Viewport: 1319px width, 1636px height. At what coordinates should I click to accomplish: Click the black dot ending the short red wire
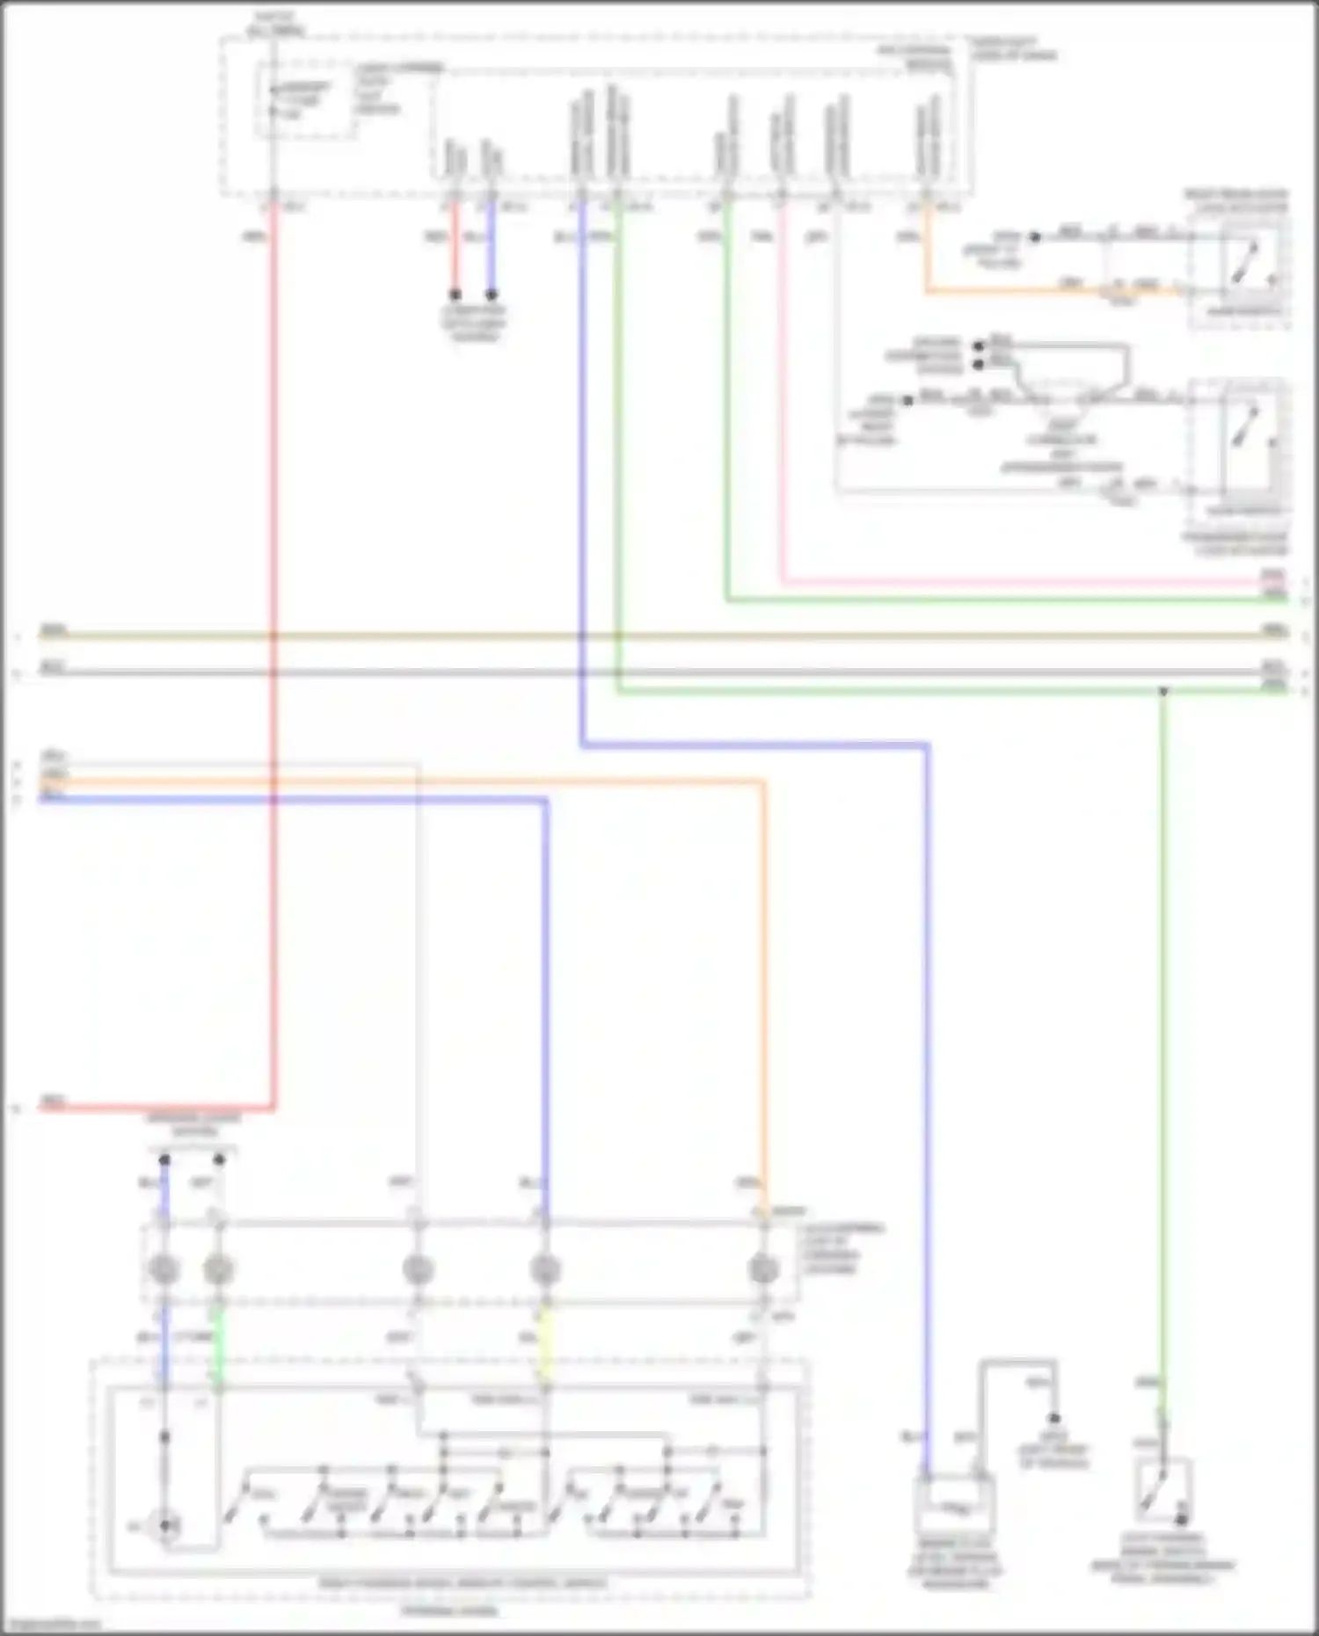[x=455, y=294]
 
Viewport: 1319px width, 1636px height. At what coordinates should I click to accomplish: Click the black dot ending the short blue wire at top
[x=492, y=294]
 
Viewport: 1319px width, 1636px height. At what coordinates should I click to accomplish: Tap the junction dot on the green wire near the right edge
[x=1162, y=692]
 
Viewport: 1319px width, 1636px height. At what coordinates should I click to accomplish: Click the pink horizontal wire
[x=1011, y=582]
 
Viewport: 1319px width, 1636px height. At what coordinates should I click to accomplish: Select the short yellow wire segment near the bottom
[x=545, y=1345]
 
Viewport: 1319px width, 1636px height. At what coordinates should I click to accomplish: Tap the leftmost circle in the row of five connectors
[x=164, y=1269]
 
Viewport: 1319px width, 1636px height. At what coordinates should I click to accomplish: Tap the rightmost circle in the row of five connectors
[x=762, y=1269]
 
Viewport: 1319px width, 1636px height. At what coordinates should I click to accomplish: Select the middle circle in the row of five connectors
[x=418, y=1269]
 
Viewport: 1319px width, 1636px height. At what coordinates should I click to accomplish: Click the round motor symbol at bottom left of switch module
[x=164, y=1527]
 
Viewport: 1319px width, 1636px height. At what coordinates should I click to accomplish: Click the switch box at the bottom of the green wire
[x=1163, y=1492]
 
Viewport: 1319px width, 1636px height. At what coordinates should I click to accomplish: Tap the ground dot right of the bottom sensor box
[x=1053, y=1418]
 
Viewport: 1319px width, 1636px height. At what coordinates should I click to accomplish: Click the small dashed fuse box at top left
[x=305, y=100]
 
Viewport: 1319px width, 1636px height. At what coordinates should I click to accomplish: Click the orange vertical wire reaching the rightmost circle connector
[x=762, y=967]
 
